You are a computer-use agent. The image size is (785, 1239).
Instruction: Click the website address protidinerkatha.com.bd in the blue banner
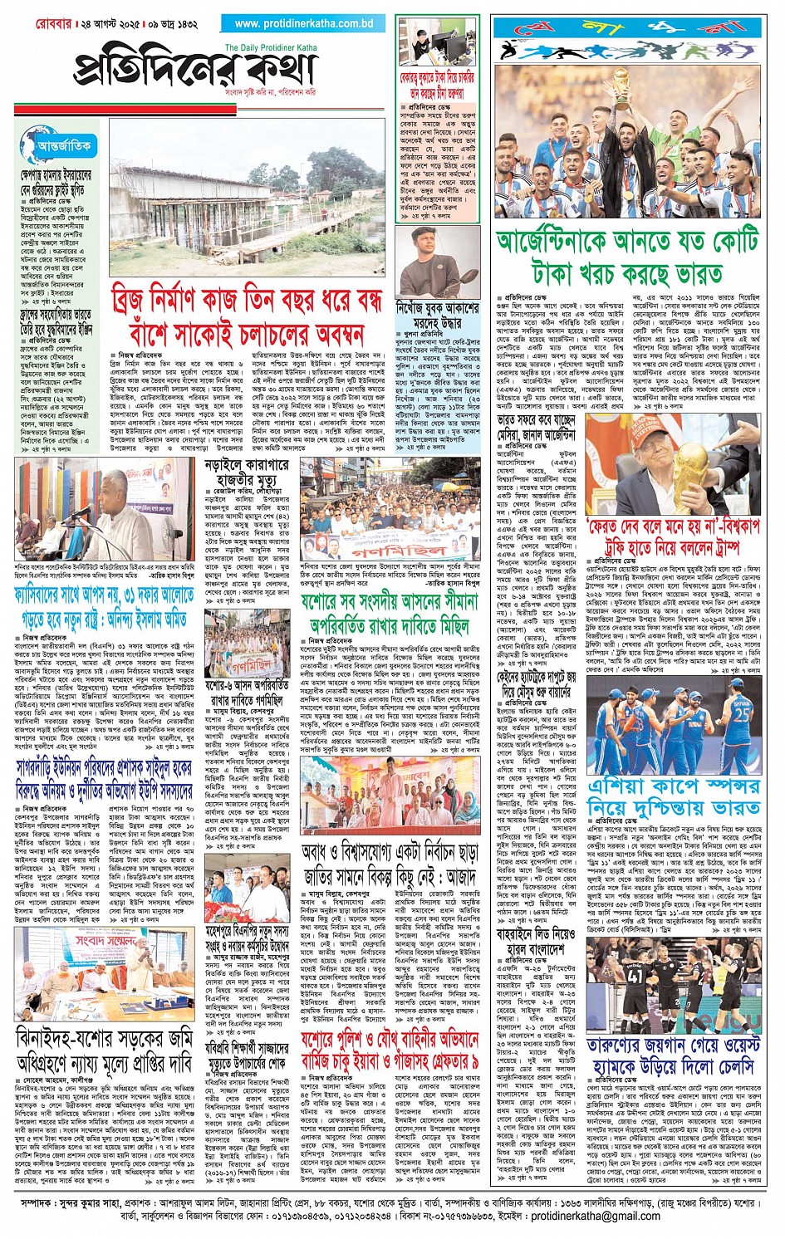pos(304,23)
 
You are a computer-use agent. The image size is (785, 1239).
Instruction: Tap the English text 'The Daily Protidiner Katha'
pos(270,47)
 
